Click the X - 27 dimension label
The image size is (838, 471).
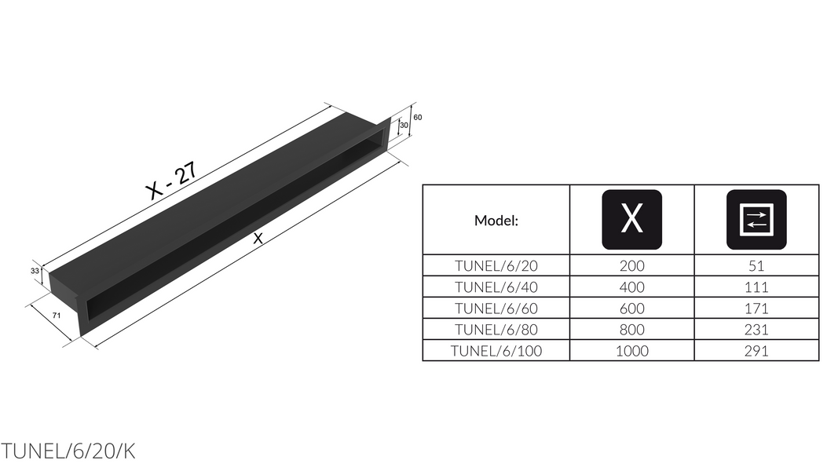click(x=171, y=181)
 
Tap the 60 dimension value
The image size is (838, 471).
click(x=418, y=118)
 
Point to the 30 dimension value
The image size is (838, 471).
click(x=404, y=126)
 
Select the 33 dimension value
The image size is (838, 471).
click(x=35, y=272)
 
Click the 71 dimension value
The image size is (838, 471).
click(x=57, y=316)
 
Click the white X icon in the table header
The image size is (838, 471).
click(x=631, y=220)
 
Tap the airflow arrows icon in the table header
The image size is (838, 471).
click(x=756, y=220)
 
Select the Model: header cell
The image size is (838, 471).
click(x=496, y=221)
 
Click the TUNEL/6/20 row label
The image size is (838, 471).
click(x=496, y=265)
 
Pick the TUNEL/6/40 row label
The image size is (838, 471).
click(x=496, y=287)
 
